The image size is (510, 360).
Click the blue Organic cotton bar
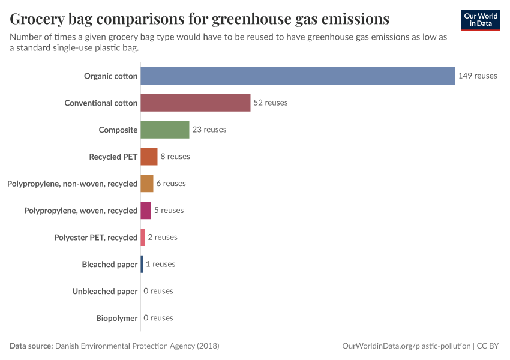(x=298, y=76)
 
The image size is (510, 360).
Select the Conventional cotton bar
(x=195, y=103)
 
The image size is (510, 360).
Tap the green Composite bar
(x=164, y=130)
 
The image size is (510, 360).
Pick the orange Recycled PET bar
(x=149, y=157)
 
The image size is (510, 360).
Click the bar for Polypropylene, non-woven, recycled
(x=147, y=184)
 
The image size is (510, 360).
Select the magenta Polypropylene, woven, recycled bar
(x=146, y=211)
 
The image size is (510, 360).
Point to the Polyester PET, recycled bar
(x=143, y=237)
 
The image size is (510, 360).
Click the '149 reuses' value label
(x=478, y=76)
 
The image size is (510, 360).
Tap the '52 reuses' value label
(x=271, y=103)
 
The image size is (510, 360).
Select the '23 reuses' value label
(x=209, y=130)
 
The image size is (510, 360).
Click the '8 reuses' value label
(x=175, y=157)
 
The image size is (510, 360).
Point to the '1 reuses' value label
(x=161, y=264)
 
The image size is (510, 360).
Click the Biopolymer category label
(x=116, y=318)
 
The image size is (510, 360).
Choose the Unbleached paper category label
(x=105, y=291)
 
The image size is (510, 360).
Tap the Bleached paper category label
(x=110, y=264)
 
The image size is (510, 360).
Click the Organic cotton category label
(x=111, y=76)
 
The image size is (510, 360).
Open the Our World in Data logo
(x=481, y=20)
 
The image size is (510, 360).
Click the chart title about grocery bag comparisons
(x=199, y=19)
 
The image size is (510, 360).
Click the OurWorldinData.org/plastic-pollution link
(x=406, y=346)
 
